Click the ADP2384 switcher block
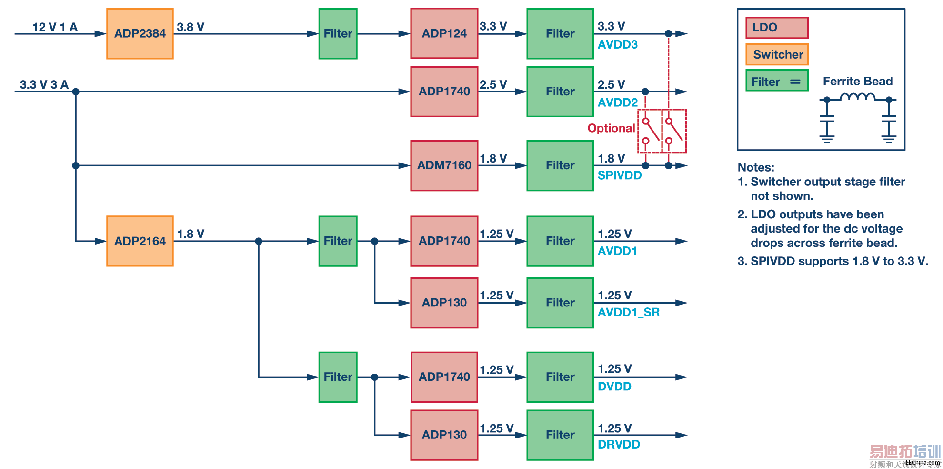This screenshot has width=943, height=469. (140, 33)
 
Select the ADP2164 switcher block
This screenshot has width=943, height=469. (140, 241)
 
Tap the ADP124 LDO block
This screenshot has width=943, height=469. (444, 33)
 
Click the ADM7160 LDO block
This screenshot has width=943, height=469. (444, 165)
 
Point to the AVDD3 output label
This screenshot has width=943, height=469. (617, 45)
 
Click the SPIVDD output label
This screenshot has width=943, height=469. (619, 175)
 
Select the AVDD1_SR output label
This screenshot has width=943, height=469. (628, 312)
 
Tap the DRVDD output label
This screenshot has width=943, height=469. (619, 444)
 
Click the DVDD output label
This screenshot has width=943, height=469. (614, 387)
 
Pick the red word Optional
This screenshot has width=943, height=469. (611, 128)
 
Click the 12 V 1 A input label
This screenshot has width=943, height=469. (55, 27)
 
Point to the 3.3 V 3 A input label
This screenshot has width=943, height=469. (44, 85)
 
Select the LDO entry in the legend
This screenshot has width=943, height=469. (777, 28)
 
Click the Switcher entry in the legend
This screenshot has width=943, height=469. (777, 54)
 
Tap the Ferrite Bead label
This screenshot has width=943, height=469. (857, 82)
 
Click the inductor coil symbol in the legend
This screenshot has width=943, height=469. (857, 97)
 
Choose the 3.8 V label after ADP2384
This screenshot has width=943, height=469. (191, 27)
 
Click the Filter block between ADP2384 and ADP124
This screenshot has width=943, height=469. (338, 33)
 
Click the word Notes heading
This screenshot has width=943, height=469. (756, 167)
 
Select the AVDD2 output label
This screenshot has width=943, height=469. (617, 102)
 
